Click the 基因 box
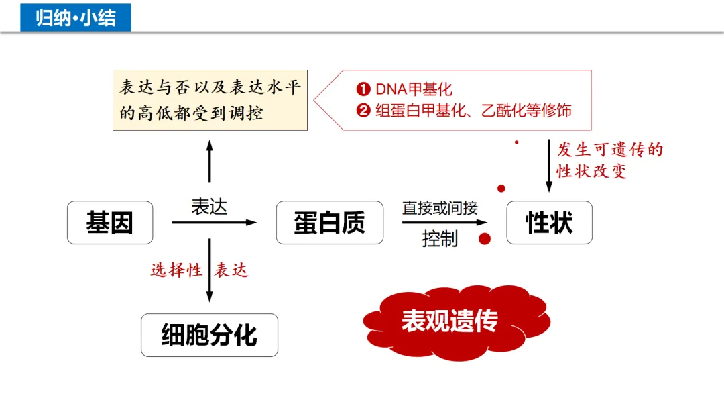[x=110, y=223]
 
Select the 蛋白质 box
[x=330, y=223]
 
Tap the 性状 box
[x=549, y=223]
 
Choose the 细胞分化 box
[x=209, y=335]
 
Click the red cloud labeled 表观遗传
[x=449, y=321]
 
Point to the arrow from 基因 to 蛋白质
[x=215, y=222]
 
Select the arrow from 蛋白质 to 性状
[x=444, y=222]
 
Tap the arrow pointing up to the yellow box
[x=210, y=161]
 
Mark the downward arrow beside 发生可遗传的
[x=549, y=165]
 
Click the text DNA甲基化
[x=414, y=89]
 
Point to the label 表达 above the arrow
[x=209, y=206]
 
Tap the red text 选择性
[x=176, y=270]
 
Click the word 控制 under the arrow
[x=440, y=239]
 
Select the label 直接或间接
[x=440, y=208]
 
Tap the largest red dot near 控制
[x=485, y=238]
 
